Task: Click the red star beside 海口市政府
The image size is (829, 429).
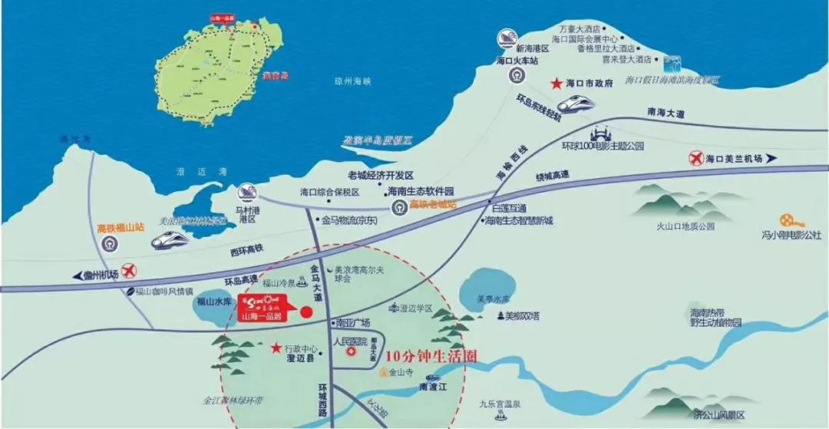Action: coord(555,84)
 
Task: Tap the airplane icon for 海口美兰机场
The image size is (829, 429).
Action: coord(696,159)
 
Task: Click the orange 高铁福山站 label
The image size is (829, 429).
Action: coord(120,228)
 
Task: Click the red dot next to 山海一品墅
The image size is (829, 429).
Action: coord(306,312)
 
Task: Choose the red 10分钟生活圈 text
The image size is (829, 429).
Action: coord(431,357)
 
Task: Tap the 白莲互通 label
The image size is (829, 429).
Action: coord(508,208)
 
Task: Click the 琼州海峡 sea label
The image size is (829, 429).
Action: coord(353,81)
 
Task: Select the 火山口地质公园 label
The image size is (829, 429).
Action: coord(685,226)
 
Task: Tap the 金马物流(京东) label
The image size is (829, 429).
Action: coord(350,220)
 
